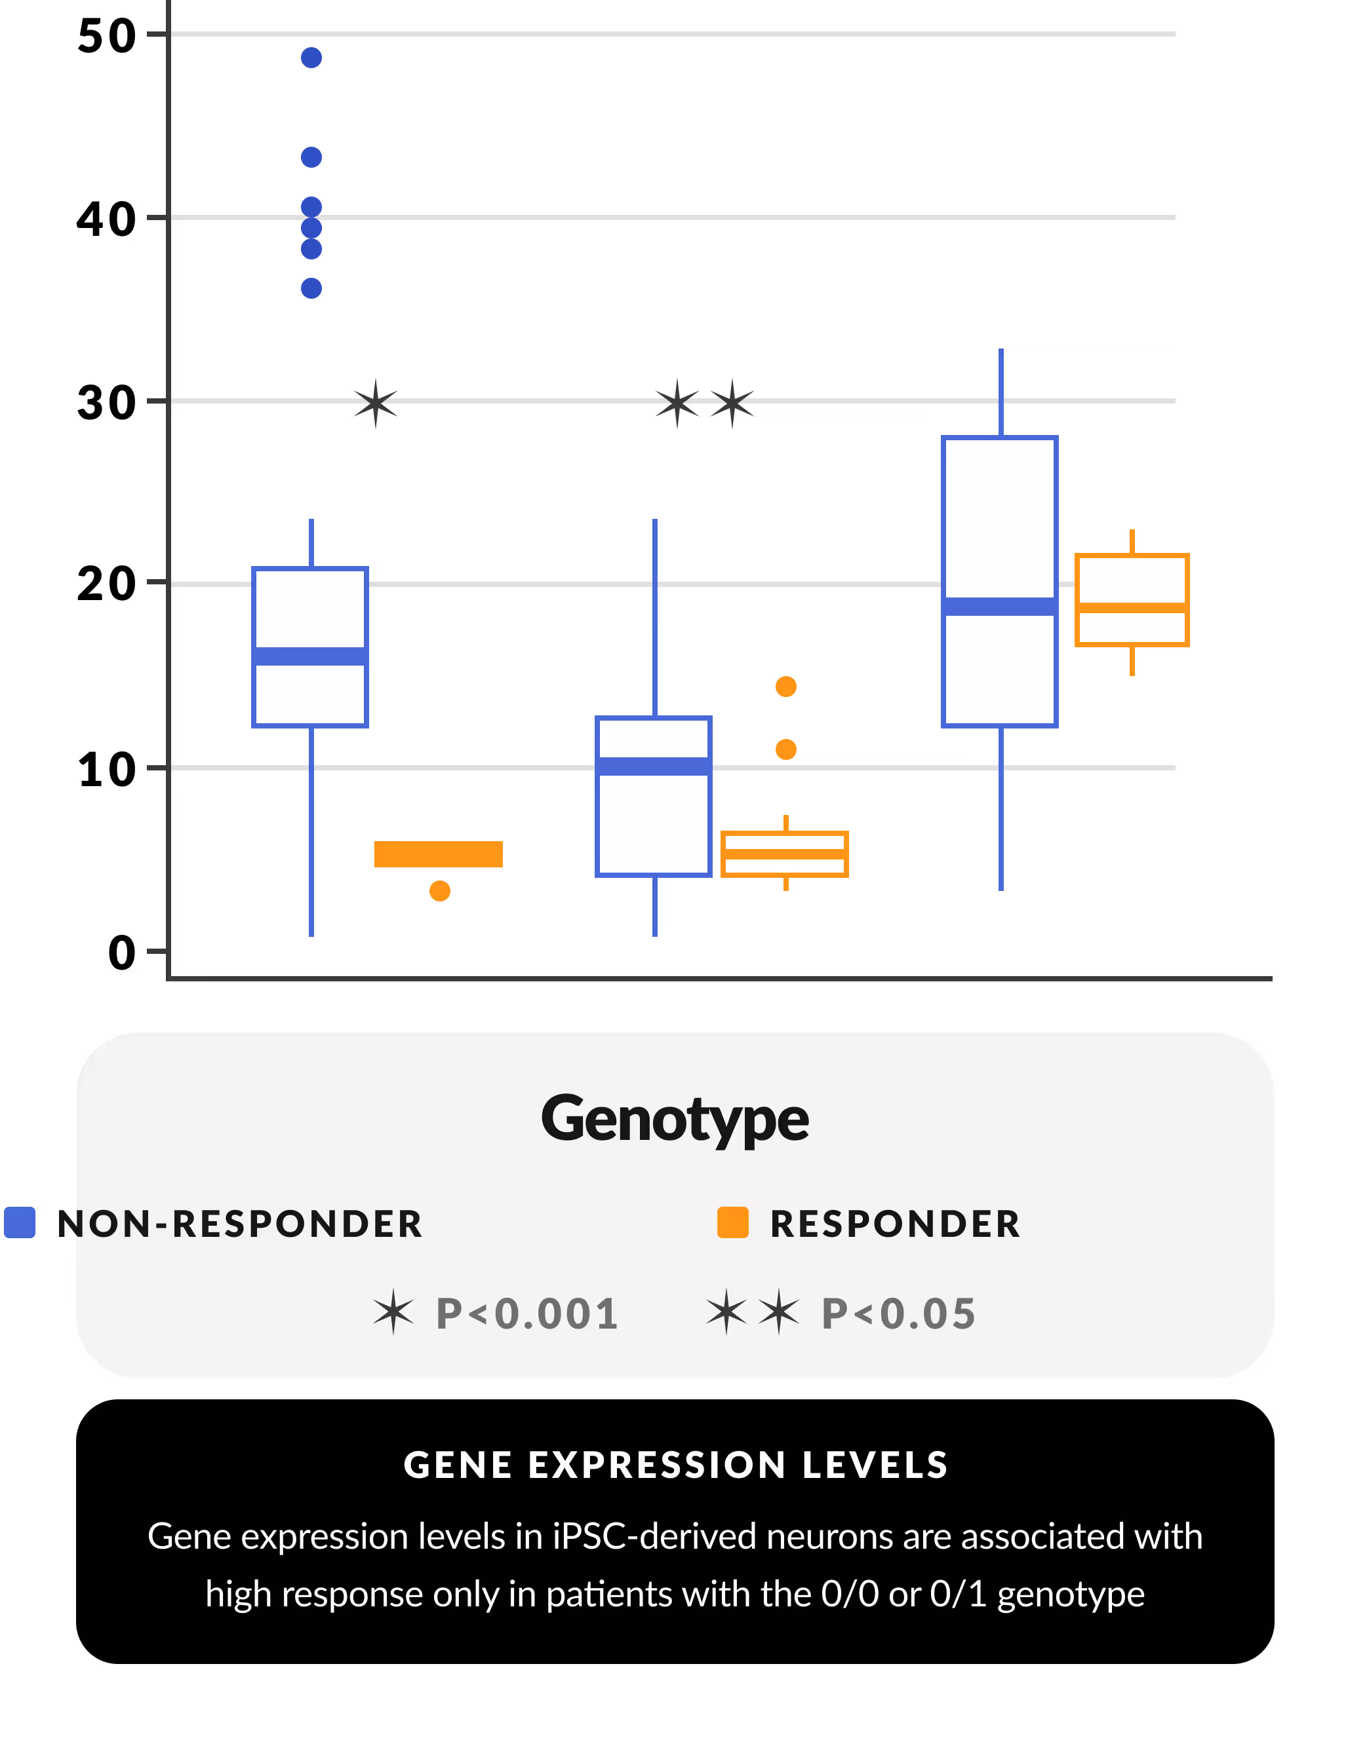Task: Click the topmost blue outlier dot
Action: tap(311, 58)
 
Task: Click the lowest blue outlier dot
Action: tap(311, 288)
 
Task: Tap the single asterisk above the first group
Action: tap(376, 403)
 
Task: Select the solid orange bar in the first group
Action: tap(439, 853)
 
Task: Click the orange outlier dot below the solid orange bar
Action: tap(440, 891)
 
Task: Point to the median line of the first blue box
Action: tap(310, 656)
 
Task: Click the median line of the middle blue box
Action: tap(654, 766)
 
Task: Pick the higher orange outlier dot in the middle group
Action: tap(786, 686)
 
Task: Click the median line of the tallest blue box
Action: tap(1000, 606)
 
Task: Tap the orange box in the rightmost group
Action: tap(1132, 599)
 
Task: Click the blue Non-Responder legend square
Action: tap(20, 1223)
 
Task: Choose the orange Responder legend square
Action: tap(732, 1223)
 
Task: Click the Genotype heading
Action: tap(675, 1118)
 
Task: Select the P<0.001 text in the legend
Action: tap(527, 1314)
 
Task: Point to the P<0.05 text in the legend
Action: tap(898, 1314)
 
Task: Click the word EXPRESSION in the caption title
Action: tap(658, 1464)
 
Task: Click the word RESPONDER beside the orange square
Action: tap(894, 1224)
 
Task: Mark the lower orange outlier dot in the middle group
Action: tap(786, 749)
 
